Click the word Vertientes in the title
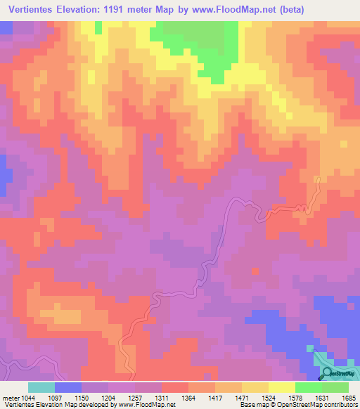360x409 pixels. pyautogui.click(x=35, y=10)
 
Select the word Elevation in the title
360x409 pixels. pyautogui.click(x=94, y=10)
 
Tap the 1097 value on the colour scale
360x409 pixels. pyautogui.click(x=65, y=398)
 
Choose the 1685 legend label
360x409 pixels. pyautogui.click(x=347, y=398)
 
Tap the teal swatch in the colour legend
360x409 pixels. pyautogui.click(x=41, y=387)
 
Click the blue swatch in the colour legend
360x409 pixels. pyautogui.click(x=67, y=387)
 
